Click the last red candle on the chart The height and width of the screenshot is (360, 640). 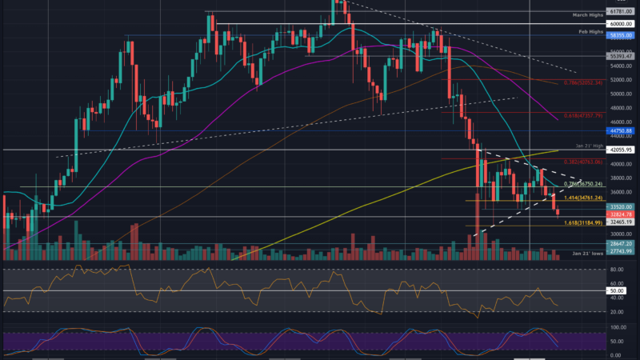[558, 211]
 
